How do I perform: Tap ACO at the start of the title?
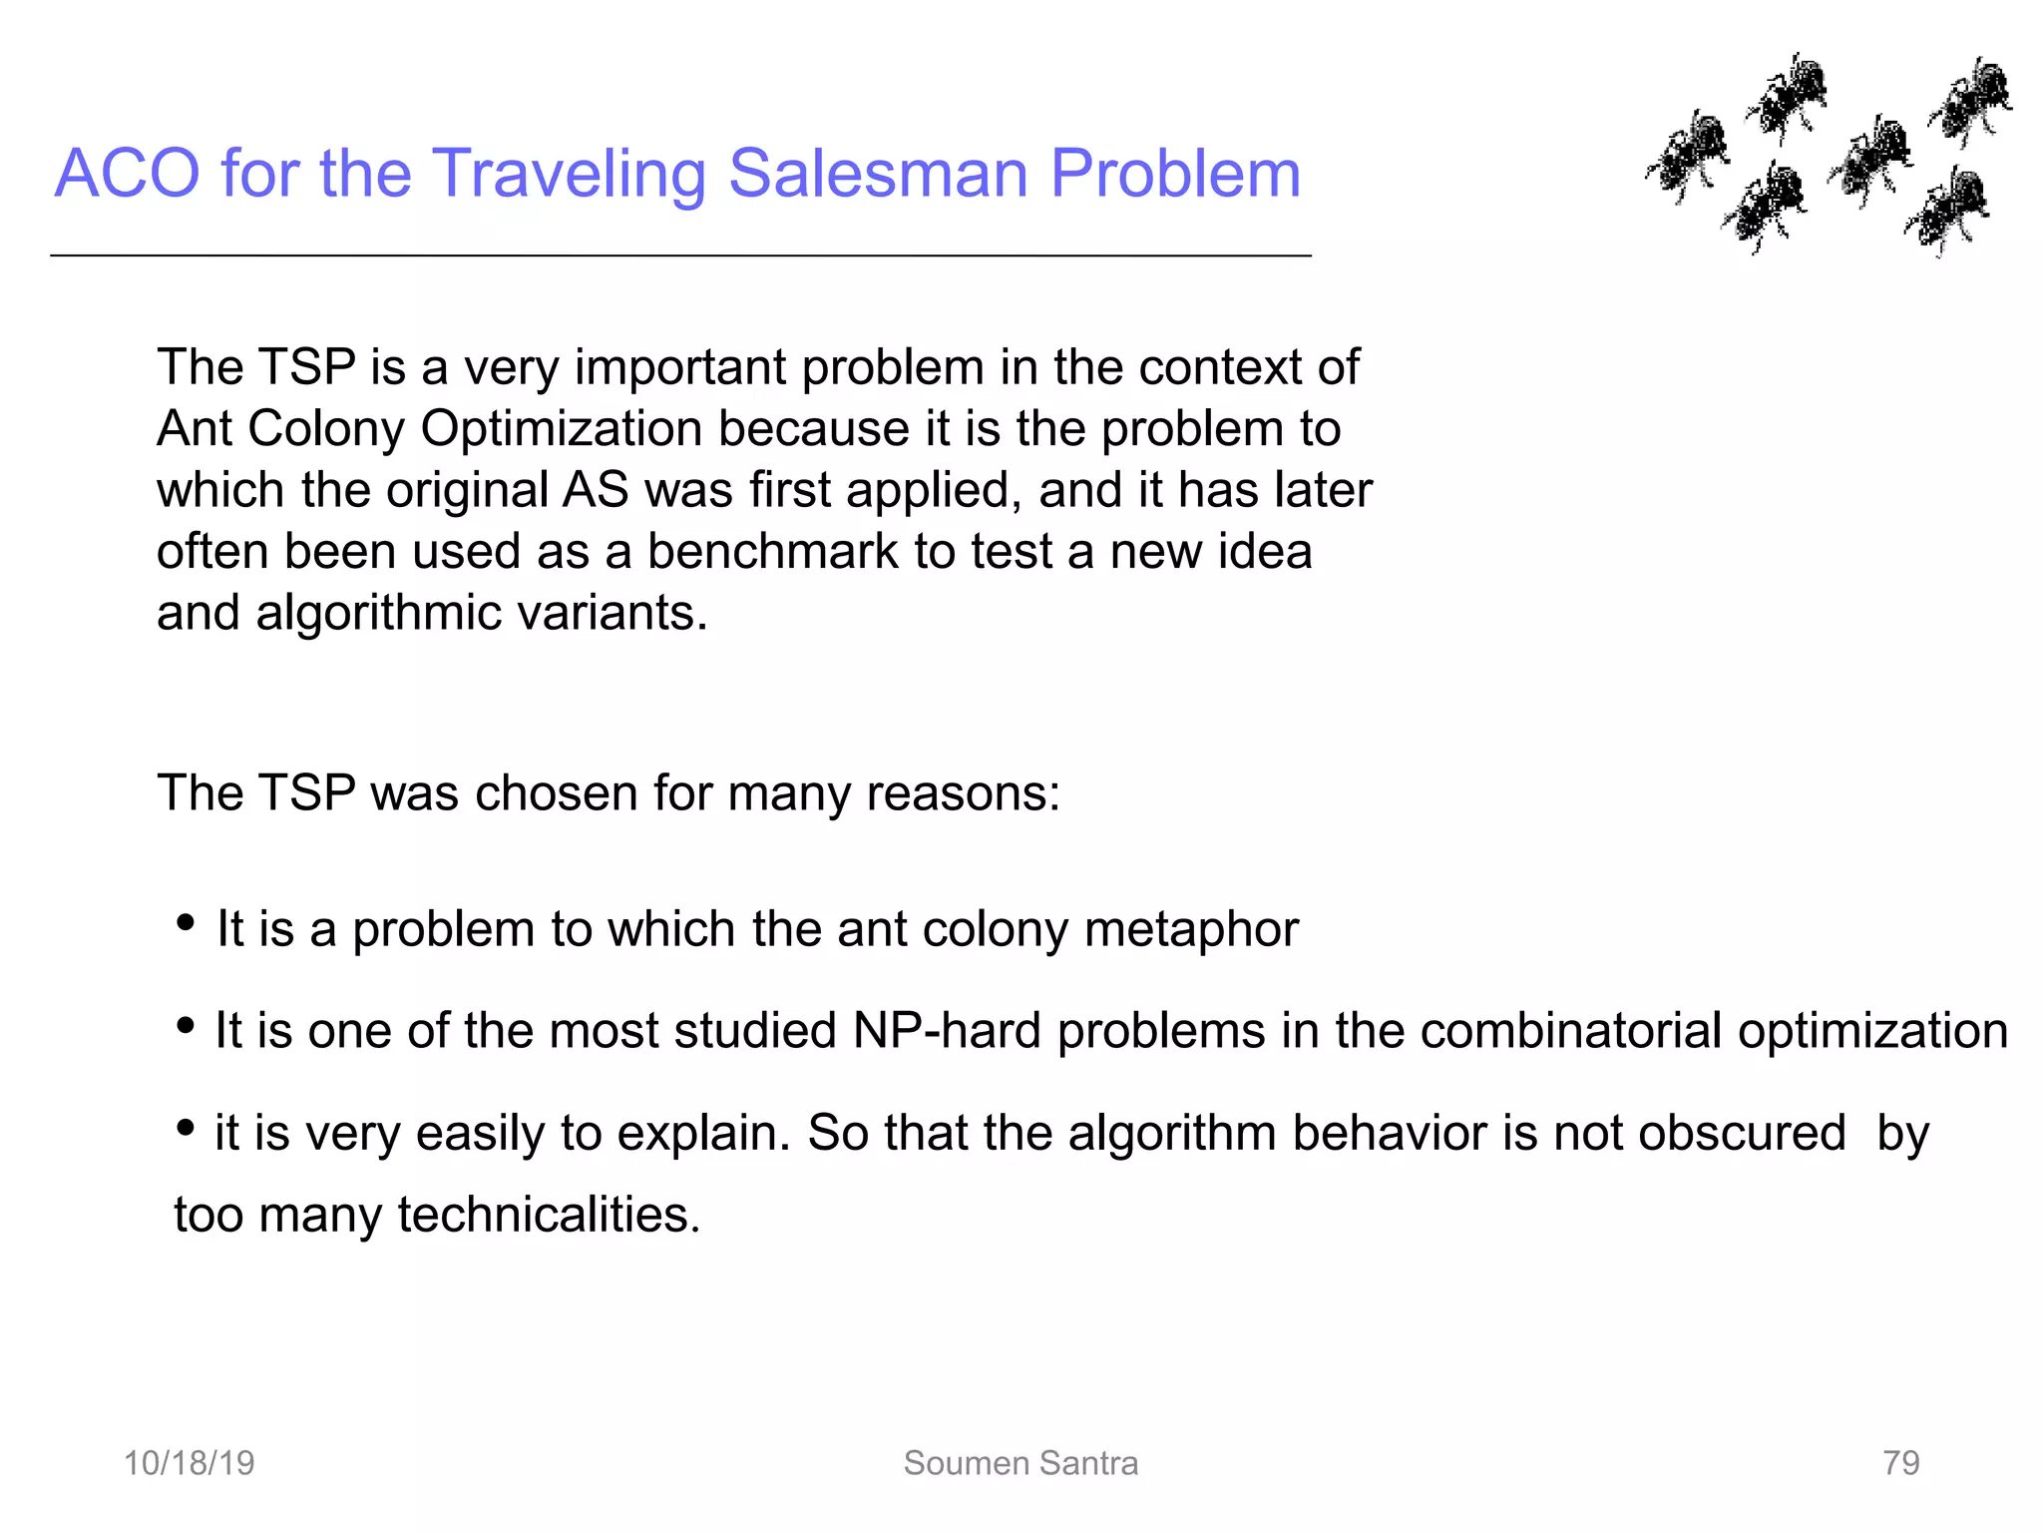coord(128,174)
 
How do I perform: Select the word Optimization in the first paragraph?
coord(562,429)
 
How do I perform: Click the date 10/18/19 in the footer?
coord(189,1463)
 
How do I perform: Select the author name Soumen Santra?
coord(1021,1463)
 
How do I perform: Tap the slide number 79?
coord(1900,1463)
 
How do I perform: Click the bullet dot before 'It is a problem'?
coord(185,923)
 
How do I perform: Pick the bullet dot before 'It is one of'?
coord(185,1025)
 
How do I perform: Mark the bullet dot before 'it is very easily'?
coord(185,1128)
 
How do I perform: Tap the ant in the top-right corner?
coord(1971,100)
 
